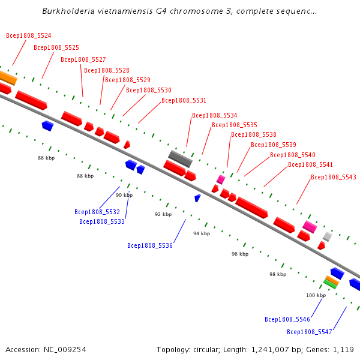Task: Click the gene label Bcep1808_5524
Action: point(29,35)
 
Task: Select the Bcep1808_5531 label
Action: point(184,100)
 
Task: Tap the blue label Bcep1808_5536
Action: point(150,245)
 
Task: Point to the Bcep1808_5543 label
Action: point(334,177)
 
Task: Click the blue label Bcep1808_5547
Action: point(310,332)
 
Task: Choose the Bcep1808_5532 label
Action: point(97,212)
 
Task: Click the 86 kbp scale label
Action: point(46,158)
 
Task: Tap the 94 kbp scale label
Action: point(202,233)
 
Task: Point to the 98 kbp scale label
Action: point(278,274)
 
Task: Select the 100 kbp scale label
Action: point(316,295)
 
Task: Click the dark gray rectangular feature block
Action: point(180,159)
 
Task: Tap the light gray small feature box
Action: point(328,237)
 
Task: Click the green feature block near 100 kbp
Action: point(330,284)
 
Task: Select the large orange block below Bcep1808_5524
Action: point(8,78)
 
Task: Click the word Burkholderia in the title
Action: point(68,11)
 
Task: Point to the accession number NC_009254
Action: point(65,350)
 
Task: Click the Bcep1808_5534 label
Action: point(214,115)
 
